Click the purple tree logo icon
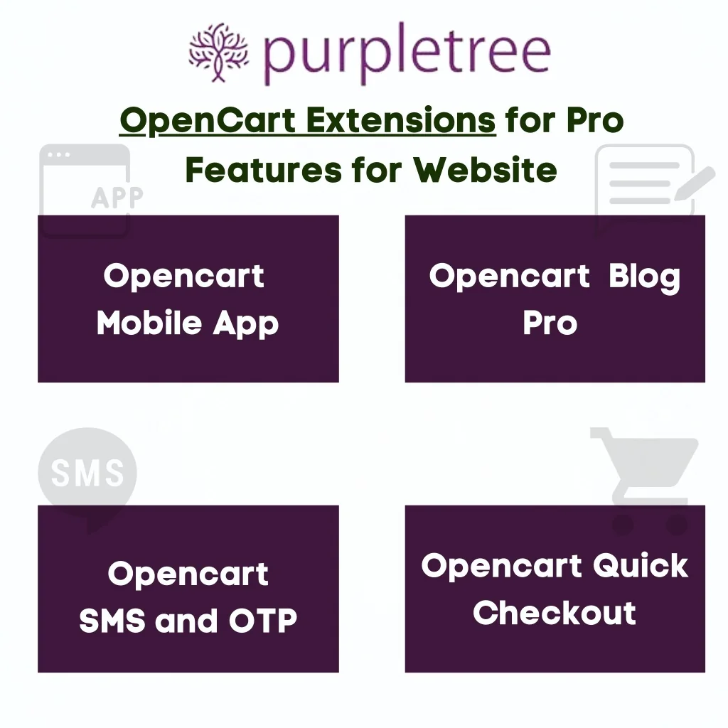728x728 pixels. [218, 53]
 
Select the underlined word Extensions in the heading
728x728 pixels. [401, 120]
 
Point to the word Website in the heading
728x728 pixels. [485, 170]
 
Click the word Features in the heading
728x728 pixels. [264, 170]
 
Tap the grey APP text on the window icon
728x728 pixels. [117, 198]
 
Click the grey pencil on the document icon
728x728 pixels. [694, 183]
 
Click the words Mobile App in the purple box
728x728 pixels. [188, 323]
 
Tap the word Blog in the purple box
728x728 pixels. [644, 277]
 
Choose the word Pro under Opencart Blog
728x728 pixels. [550, 323]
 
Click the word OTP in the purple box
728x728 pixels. [263, 620]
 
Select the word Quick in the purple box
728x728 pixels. [641, 565]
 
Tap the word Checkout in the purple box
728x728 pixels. [555, 613]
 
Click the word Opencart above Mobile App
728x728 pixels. [184, 277]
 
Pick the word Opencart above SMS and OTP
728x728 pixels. [188, 574]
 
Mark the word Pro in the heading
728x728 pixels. [595, 120]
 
